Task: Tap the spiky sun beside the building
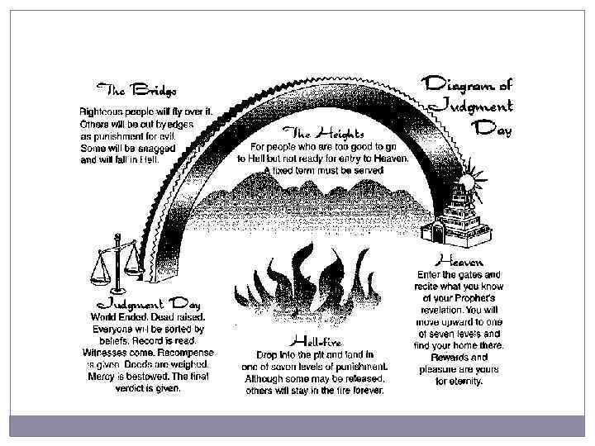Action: tap(467, 180)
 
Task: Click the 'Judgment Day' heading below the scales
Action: tap(146, 302)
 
